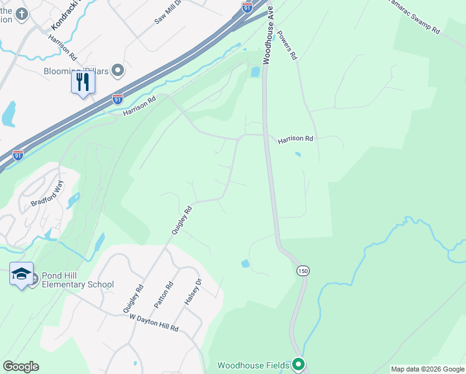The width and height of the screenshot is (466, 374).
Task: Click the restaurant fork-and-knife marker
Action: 83,82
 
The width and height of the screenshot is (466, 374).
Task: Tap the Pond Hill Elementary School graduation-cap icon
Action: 21,274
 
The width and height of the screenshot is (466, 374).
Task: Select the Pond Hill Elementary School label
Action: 78,280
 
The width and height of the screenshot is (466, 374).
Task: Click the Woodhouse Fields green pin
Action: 298,364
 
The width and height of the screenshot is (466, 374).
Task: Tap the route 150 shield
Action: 303,270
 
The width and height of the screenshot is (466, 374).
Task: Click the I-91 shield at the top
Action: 247,7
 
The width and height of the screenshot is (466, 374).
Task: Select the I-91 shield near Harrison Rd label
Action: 118,98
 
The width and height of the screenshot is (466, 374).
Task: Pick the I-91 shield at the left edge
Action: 18,155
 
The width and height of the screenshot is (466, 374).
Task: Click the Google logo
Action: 21,367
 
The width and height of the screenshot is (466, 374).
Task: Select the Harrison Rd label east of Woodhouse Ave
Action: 295,139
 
